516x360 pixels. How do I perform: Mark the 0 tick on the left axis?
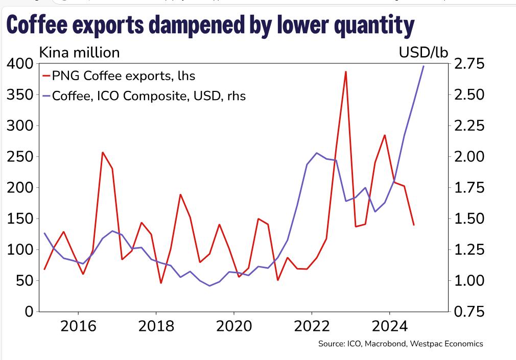point(29,311)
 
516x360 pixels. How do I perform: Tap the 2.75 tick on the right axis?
point(469,64)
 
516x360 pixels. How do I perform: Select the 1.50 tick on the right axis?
point(469,219)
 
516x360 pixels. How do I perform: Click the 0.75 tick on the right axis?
point(469,311)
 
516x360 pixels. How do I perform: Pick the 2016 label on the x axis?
point(78,327)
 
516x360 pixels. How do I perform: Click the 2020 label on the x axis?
point(234,327)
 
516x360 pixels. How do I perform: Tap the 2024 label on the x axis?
point(389,327)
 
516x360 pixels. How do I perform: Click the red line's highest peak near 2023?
point(346,71)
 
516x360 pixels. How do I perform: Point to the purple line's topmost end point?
point(424,66)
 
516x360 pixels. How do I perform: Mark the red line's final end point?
point(414,225)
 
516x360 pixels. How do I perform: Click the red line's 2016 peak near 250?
point(103,152)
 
